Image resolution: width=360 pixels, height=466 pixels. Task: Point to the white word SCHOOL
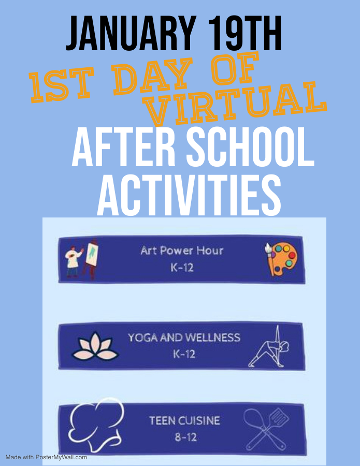point(250,148)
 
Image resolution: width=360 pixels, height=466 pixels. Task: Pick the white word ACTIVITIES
point(189,195)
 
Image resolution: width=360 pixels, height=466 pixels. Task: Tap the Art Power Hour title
point(182,251)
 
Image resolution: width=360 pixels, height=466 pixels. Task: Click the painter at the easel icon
point(81,258)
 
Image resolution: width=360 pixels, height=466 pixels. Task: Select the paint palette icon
point(281,258)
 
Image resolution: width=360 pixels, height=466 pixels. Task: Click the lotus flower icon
point(95,346)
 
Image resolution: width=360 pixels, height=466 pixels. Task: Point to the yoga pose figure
point(269,346)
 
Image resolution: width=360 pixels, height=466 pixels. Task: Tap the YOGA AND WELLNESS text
point(184,338)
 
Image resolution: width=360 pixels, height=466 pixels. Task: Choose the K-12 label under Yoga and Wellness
point(184,354)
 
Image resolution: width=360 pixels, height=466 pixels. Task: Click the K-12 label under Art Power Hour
point(182,268)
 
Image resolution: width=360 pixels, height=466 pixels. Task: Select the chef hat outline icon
point(96,423)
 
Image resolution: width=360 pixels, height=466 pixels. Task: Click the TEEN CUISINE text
point(184,420)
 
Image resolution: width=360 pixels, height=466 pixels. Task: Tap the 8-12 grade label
point(186,437)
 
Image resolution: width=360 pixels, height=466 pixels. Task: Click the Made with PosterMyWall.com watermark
point(46,457)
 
